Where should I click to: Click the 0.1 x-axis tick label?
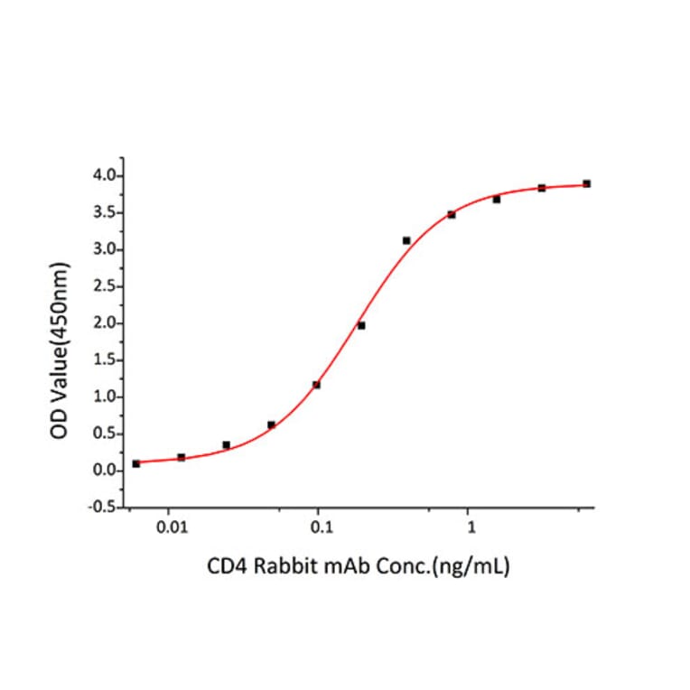(x=318, y=525)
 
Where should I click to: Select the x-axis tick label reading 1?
(x=469, y=525)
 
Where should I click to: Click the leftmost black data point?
(x=136, y=463)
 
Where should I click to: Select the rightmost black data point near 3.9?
(x=587, y=183)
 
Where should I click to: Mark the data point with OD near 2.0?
(x=361, y=325)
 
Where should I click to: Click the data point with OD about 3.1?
(x=406, y=240)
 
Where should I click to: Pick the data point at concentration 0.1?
(x=316, y=385)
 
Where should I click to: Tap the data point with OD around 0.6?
(x=271, y=424)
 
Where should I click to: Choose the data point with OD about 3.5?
(x=452, y=214)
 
